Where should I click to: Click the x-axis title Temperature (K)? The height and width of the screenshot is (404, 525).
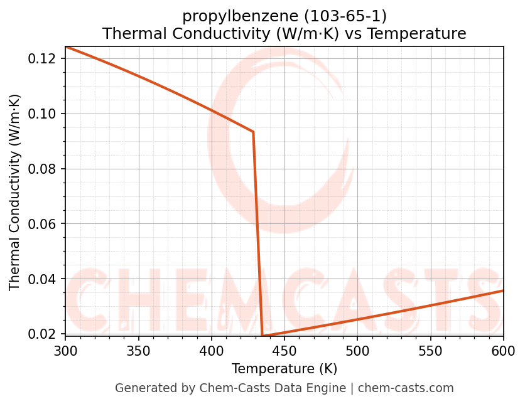coord(284,368)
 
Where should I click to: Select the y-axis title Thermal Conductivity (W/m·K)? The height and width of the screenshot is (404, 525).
coord(15,192)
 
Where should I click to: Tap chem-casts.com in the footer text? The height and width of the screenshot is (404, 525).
coord(406,388)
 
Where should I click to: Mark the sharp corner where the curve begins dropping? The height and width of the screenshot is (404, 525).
coord(253,132)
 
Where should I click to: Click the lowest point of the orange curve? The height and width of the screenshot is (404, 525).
coord(262,336)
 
